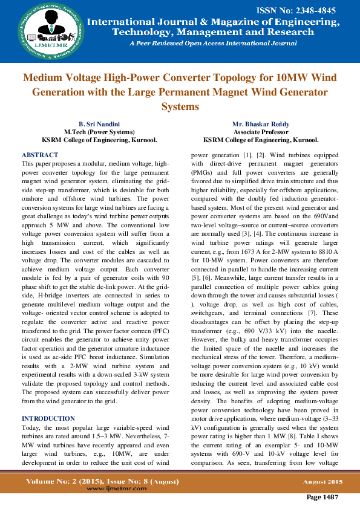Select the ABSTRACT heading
coord(40,155)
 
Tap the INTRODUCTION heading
coord(48,418)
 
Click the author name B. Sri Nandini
coord(96,124)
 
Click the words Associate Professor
coord(261,132)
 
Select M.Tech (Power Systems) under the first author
coord(96,132)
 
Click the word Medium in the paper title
coord(44,78)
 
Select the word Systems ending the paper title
coord(180,106)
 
